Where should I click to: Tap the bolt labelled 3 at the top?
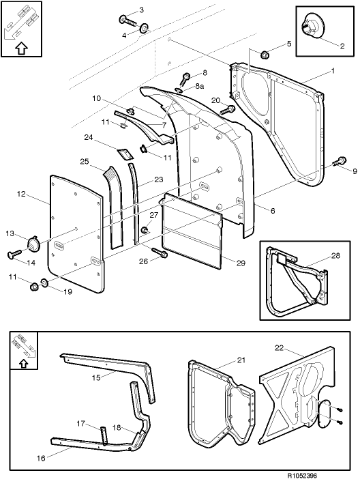click(127, 18)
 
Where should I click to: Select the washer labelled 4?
click(144, 29)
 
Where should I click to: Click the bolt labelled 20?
click(230, 109)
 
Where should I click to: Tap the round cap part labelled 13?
click(32, 244)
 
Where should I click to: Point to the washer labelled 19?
click(44, 283)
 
